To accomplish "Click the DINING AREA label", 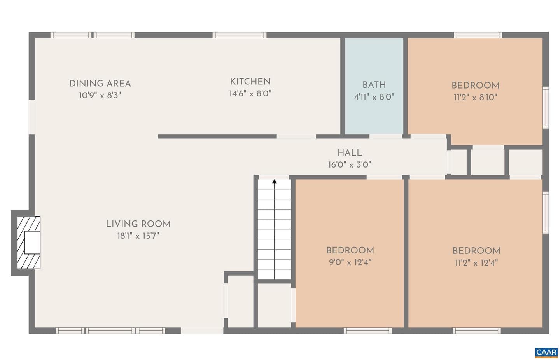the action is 100,84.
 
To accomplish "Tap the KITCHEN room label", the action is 250,82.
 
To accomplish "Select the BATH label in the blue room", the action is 374,85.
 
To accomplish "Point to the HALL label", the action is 350,153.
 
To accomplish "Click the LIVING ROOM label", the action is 138,224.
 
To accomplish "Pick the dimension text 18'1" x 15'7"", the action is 138,236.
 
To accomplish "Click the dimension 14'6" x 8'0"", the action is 250,94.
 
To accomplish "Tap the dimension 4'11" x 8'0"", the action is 374,97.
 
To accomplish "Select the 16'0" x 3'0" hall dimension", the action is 350,165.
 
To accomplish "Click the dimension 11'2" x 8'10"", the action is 476,97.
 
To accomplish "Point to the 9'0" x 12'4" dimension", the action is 350,262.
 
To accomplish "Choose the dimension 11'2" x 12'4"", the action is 476,263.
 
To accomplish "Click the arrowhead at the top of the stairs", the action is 275,182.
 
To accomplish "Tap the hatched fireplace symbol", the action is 29,243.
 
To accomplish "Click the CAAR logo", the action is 546,353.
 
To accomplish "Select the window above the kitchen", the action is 240,35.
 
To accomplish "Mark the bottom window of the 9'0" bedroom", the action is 368,330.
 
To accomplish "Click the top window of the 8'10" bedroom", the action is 478,35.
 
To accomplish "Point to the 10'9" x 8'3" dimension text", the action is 100,95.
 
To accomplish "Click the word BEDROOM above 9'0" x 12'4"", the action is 350,250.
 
